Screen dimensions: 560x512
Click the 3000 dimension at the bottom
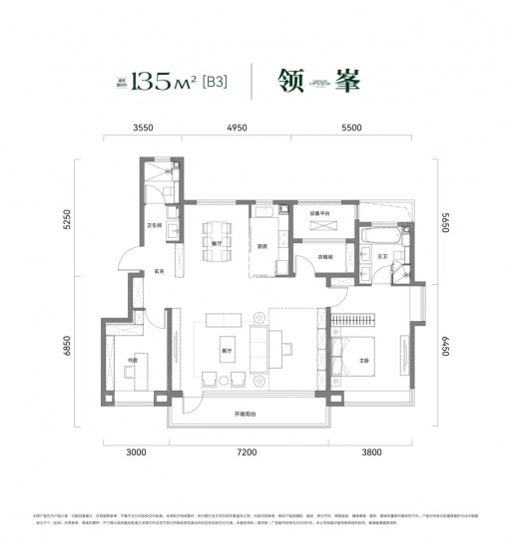(136, 453)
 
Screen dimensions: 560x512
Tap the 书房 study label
(131, 360)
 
